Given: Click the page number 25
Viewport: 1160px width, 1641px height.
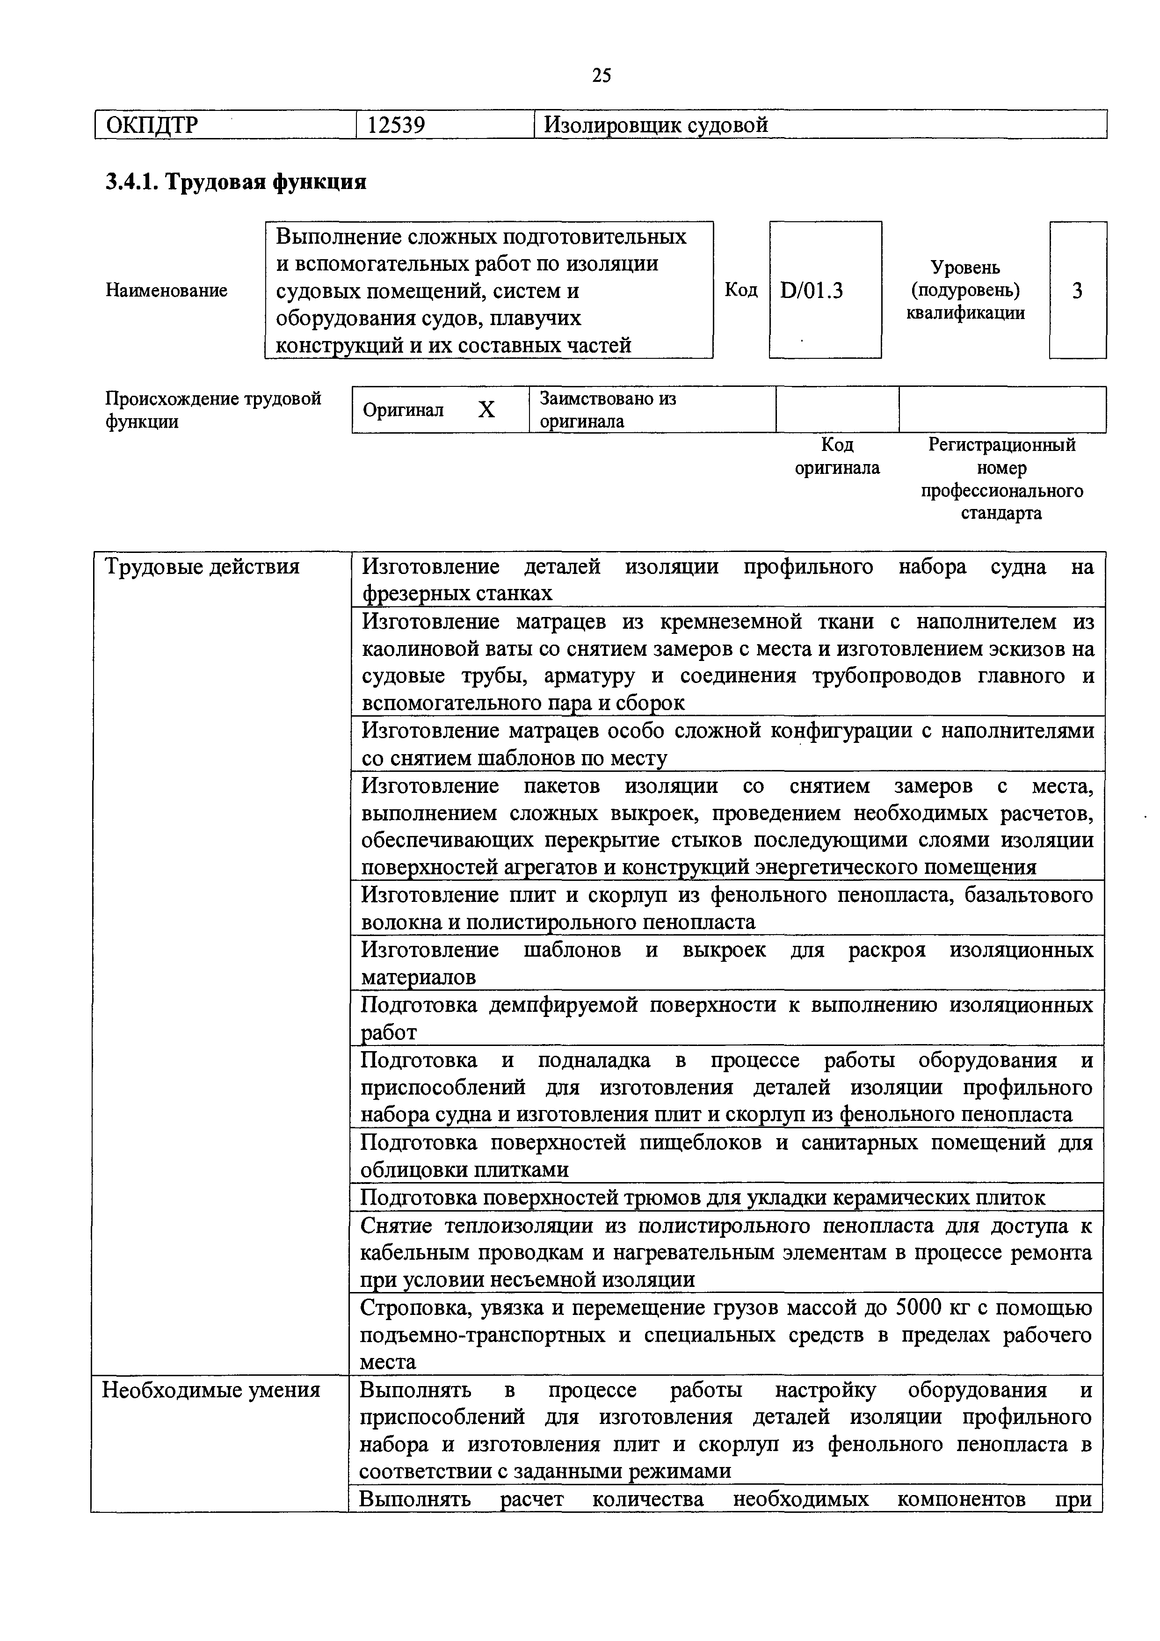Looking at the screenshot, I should point(601,75).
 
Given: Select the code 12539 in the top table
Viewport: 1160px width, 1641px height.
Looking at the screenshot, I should point(396,125).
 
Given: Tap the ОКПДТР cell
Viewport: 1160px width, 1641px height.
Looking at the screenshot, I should point(152,125).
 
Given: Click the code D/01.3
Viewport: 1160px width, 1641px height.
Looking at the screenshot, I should point(812,290).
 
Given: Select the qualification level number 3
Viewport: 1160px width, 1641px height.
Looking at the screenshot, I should point(1077,290).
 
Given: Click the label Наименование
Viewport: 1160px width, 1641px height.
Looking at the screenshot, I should point(167,290).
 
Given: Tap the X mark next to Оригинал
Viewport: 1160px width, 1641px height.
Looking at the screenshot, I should point(486,409).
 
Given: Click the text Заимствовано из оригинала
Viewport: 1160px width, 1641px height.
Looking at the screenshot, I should point(608,409).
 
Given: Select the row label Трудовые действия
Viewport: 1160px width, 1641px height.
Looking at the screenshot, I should point(202,567).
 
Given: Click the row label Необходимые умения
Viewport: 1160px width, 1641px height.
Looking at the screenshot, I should point(211,1390).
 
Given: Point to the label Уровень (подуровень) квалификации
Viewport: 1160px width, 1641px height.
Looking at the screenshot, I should point(965,290).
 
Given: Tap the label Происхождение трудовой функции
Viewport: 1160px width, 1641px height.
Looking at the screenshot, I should point(213,409).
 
